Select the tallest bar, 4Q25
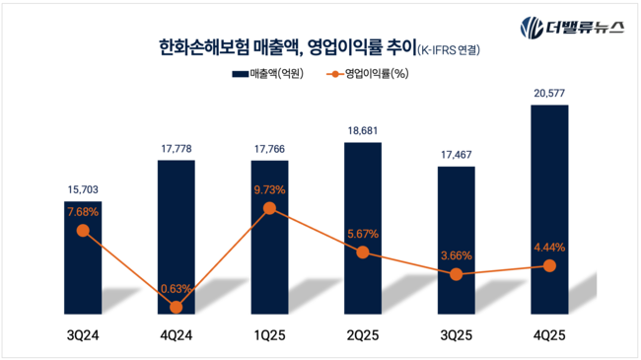tap(549, 197)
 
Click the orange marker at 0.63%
tap(178, 307)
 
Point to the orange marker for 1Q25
tap(270, 208)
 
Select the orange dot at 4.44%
tap(549, 266)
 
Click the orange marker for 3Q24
tap(84, 231)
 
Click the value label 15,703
tap(84, 188)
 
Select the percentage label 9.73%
tap(270, 189)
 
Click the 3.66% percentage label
tap(456, 255)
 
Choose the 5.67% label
tap(363, 233)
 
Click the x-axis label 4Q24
tap(178, 338)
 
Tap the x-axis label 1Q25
tap(270, 338)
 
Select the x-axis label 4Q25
tap(549, 338)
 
